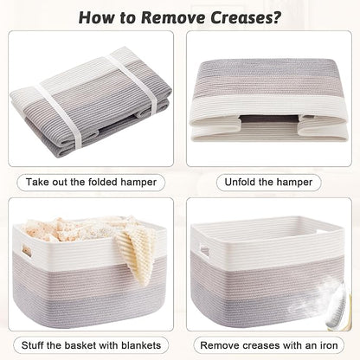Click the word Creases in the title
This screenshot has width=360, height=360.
241,17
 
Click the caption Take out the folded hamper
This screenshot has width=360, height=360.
91,183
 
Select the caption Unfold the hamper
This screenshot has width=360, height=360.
268,183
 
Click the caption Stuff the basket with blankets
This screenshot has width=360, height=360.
91,345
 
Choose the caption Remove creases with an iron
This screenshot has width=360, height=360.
269,345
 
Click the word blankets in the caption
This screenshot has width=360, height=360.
141,345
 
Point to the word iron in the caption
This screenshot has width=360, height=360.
327,345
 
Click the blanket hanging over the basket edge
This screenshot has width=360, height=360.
136,254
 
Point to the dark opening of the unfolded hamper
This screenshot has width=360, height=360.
268,119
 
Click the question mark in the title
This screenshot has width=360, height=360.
276,17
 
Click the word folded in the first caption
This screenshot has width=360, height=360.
103,182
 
